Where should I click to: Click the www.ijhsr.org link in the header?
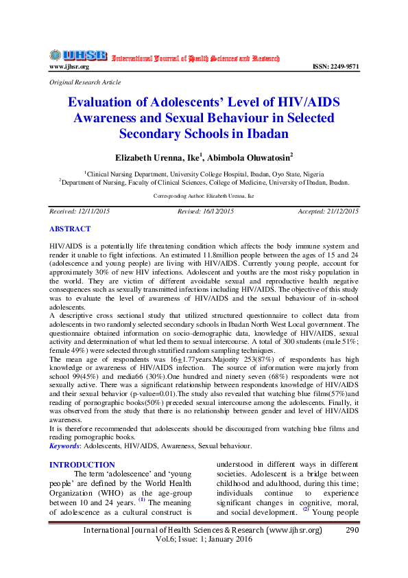pos(69,67)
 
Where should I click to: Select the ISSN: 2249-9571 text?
pos(335,67)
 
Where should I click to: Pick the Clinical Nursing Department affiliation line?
pos(204,174)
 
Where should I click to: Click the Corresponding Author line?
pos(204,196)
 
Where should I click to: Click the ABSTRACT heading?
pos(69,229)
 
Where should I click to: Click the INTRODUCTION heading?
pos(82,465)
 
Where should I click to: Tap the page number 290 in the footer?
pos(352,530)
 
